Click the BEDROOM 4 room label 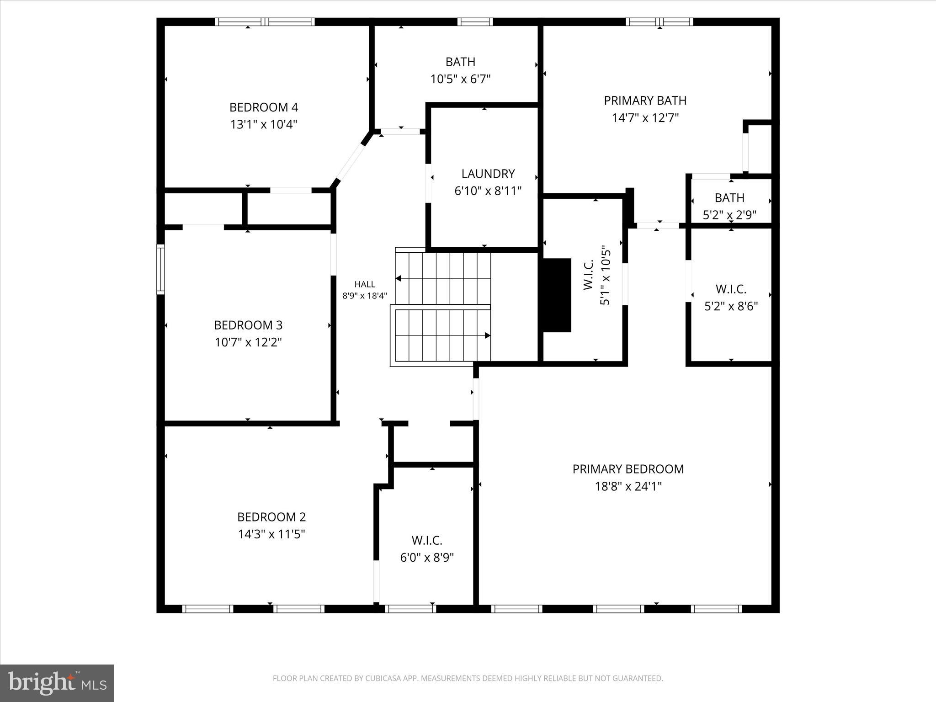pyautogui.click(x=263, y=107)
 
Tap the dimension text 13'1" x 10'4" pyautogui.click(x=263, y=125)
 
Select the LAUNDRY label pyautogui.click(x=488, y=174)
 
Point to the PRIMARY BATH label pyautogui.click(x=645, y=101)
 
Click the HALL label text pyautogui.click(x=364, y=284)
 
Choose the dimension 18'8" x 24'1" pyautogui.click(x=628, y=486)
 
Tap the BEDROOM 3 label pyautogui.click(x=248, y=325)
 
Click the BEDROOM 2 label pyautogui.click(x=271, y=517)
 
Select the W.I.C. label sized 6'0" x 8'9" pyautogui.click(x=427, y=541)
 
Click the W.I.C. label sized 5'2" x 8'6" pyautogui.click(x=731, y=289)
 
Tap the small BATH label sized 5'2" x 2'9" pyautogui.click(x=729, y=198)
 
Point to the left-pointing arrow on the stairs pyautogui.click(x=399, y=278)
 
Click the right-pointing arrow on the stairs pyautogui.click(x=487, y=335)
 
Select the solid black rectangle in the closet pyautogui.click(x=557, y=295)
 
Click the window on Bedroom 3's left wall pyautogui.click(x=160, y=269)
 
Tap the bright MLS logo pyautogui.click(x=57, y=683)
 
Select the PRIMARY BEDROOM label pyautogui.click(x=628, y=469)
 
